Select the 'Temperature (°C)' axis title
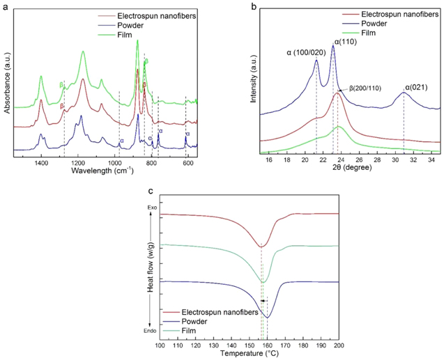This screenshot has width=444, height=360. (249, 354)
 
